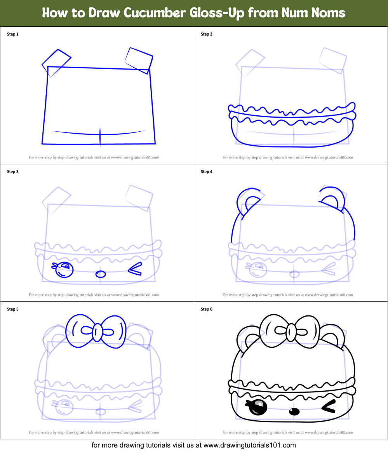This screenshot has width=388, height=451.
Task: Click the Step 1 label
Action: click(x=13, y=34)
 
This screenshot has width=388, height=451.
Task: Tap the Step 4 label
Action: click(x=207, y=172)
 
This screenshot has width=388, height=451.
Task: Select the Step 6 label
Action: click(x=207, y=309)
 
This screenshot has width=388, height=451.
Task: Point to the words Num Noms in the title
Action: click(x=322, y=13)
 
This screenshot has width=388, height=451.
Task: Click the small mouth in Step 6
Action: click(x=295, y=411)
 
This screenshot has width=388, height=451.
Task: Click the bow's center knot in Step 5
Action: click(x=97, y=331)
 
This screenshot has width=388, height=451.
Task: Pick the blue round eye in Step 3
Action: click(x=64, y=270)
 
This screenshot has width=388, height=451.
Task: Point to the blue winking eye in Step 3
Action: click(x=135, y=269)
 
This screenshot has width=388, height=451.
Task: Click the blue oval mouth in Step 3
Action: click(x=101, y=274)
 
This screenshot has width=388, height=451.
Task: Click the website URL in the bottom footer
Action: click(x=249, y=445)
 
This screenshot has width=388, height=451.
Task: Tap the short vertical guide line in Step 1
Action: click(x=100, y=136)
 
